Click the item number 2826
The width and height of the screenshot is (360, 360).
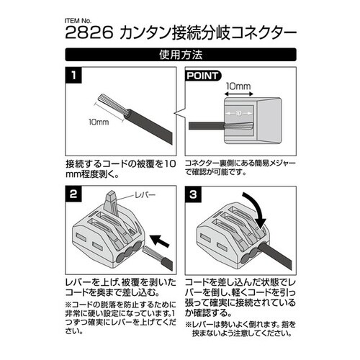pyautogui.click(x=89, y=32)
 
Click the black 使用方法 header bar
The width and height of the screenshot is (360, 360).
pyautogui.click(x=181, y=55)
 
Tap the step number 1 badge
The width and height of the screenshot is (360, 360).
pyautogui.click(x=73, y=75)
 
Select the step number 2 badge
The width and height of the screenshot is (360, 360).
pyautogui.click(x=73, y=194)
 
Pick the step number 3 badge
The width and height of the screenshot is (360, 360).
pyautogui.click(x=193, y=194)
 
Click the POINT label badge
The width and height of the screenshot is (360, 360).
pyautogui.click(x=203, y=76)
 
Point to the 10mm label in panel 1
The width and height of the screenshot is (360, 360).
pyautogui.click(x=99, y=122)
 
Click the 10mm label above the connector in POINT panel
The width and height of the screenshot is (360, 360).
pyautogui.click(x=238, y=86)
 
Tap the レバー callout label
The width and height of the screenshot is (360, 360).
pyautogui.click(x=145, y=194)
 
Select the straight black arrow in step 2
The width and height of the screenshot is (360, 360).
pyautogui.click(x=160, y=240)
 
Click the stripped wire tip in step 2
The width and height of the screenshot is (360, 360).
pyautogui.click(x=150, y=253)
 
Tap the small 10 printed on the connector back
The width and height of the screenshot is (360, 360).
pyautogui.click(x=238, y=113)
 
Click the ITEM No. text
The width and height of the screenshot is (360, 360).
pyautogui.click(x=78, y=21)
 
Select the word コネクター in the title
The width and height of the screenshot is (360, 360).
pyautogui.click(x=264, y=33)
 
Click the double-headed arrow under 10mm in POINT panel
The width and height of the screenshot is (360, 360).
pyautogui.click(x=238, y=94)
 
